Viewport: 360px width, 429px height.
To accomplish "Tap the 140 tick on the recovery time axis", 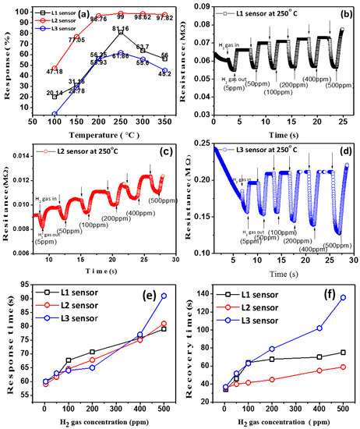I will (199, 293).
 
